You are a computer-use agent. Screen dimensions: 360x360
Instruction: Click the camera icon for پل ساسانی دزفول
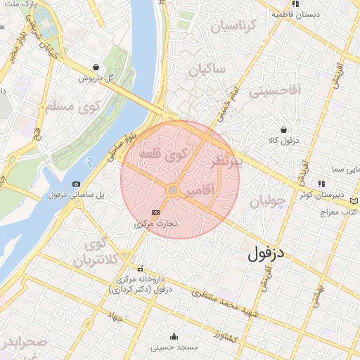pos(77,184)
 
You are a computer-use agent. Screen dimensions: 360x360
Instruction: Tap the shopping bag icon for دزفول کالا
pos(283,130)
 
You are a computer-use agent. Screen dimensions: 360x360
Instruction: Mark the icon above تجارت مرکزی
pos(155,212)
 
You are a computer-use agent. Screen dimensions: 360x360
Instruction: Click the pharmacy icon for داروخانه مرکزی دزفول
pos(141,268)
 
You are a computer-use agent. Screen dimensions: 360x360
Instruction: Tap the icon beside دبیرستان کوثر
pos(321,183)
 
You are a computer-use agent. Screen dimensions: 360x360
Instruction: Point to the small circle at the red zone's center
pos(172,191)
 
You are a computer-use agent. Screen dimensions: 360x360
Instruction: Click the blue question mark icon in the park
pos(88,162)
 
